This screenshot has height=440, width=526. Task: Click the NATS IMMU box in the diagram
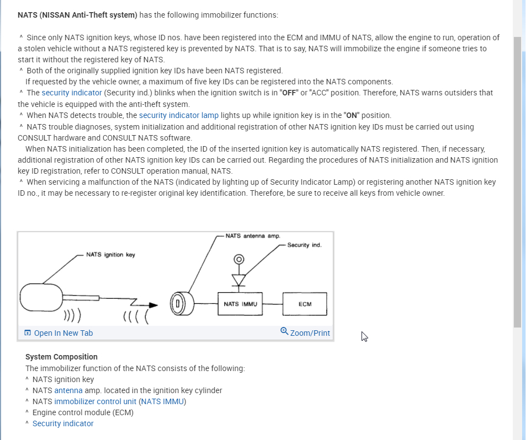[x=240, y=304]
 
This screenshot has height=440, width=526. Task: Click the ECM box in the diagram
[x=305, y=304]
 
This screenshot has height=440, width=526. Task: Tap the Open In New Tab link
[x=63, y=333]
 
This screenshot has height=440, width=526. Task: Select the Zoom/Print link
[x=309, y=333]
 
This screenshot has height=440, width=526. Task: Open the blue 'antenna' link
[x=68, y=390]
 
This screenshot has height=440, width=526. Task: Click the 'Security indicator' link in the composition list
[x=63, y=423]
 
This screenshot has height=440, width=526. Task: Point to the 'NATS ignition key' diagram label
[x=110, y=255]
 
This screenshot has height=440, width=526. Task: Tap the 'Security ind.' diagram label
[x=304, y=245]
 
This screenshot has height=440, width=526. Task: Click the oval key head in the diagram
[x=42, y=298]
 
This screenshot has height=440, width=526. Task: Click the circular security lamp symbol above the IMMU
[x=238, y=259]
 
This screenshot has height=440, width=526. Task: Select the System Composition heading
[x=61, y=357]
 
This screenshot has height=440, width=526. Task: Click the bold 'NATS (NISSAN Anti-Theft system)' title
[x=77, y=15]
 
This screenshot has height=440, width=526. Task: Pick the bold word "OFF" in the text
[x=289, y=93]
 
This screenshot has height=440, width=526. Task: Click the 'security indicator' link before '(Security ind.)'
[x=72, y=93]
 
